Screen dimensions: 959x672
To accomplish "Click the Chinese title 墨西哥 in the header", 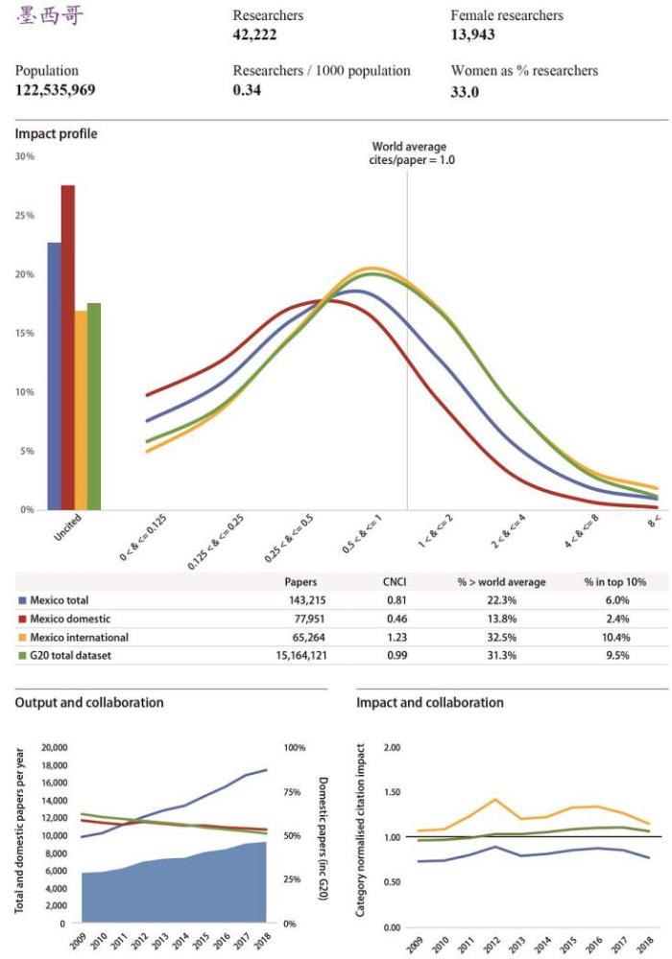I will (51, 18).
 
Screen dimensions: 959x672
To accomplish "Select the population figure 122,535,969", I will (55, 90).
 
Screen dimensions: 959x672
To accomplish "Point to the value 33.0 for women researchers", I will (465, 91).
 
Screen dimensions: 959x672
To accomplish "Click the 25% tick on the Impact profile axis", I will (25, 216).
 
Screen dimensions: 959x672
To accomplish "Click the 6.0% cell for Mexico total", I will (614, 600).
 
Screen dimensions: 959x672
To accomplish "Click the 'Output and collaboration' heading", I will (89, 702).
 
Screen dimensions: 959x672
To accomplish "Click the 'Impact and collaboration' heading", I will (429, 702).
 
